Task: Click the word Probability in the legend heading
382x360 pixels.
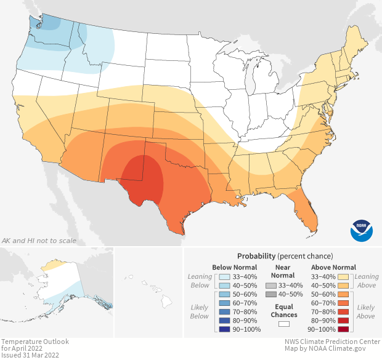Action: (x=256, y=255)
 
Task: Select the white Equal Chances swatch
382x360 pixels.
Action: (x=284, y=324)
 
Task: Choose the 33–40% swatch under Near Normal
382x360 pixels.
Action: (x=271, y=286)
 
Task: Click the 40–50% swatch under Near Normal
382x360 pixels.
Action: (x=271, y=295)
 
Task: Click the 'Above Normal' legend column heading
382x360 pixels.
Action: (x=334, y=267)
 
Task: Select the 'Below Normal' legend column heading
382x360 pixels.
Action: (x=234, y=267)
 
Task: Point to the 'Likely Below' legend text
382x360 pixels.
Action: (x=200, y=311)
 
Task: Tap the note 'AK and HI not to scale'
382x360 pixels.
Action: (x=39, y=240)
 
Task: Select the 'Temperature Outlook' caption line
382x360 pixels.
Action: (x=35, y=342)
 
